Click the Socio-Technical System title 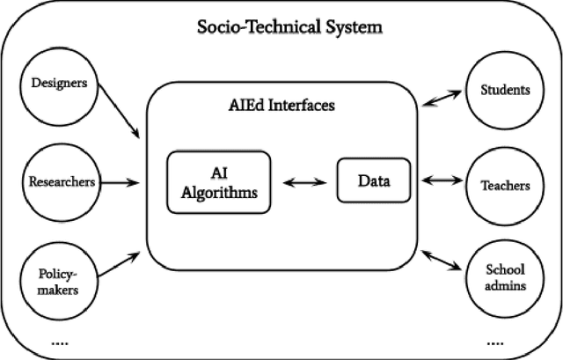click(x=289, y=27)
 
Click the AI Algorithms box click(x=215, y=183)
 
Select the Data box click(x=373, y=181)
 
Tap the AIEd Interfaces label click(x=281, y=106)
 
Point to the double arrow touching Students click(x=444, y=97)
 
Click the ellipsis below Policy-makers click(x=59, y=341)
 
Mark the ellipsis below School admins click(x=495, y=341)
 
